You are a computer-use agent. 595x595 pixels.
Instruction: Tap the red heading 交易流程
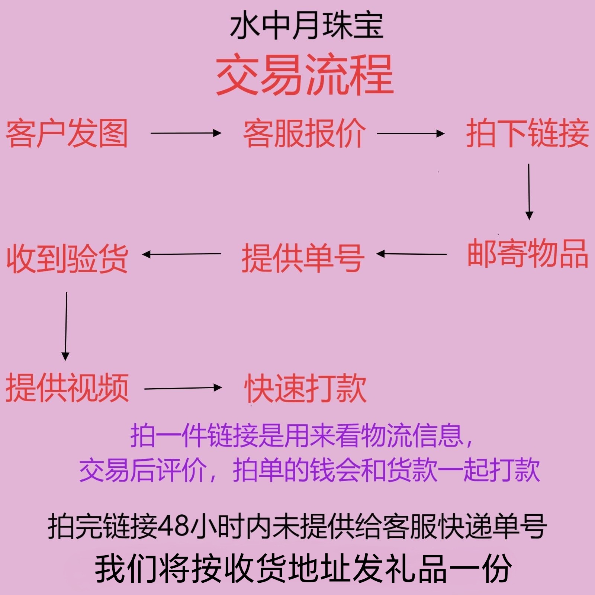pyautogui.click(x=305, y=75)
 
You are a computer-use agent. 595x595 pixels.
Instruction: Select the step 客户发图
pyautogui.click(x=67, y=134)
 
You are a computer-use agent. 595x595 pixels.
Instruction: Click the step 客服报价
pyautogui.click(x=304, y=134)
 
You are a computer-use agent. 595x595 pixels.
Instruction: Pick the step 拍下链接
pyautogui.click(x=527, y=134)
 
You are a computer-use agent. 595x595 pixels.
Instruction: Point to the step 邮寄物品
pyautogui.click(x=527, y=254)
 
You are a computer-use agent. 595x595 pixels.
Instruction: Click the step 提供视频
pyautogui.click(x=67, y=388)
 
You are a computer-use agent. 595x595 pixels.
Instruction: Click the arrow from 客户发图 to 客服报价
pyautogui.click(x=186, y=133)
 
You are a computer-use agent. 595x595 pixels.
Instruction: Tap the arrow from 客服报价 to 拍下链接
pyautogui.click(x=411, y=133)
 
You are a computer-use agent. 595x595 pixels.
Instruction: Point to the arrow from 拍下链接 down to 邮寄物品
pyautogui.click(x=529, y=192)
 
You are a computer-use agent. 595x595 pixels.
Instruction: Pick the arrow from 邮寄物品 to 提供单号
pyautogui.click(x=412, y=254)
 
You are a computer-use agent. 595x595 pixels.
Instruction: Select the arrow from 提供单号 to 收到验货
pyautogui.click(x=182, y=254)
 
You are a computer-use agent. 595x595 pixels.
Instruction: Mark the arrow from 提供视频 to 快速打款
pyautogui.click(x=183, y=388)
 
